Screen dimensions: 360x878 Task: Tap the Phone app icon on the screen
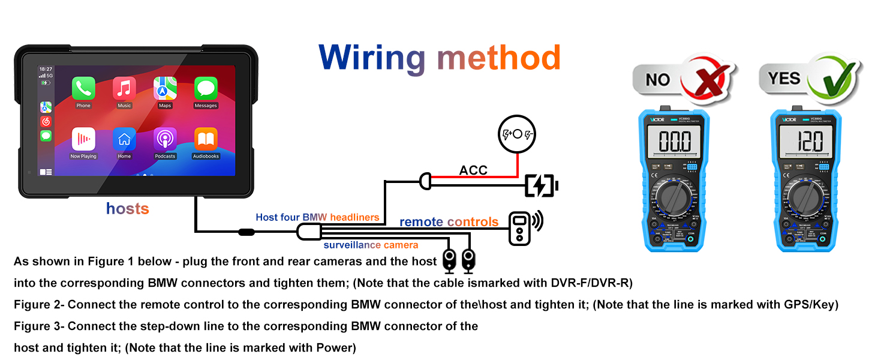pyautogui.click(x=83, y=89)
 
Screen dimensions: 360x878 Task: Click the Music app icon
pyautogui.click(x=124, y=89)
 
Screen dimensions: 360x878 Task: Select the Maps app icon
pyautogui.click(x=165, y=89)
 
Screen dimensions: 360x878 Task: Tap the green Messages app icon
pyautogui.click(x=206, y=89)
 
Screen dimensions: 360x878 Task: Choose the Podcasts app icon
pyautogui.click(x=165, y=139)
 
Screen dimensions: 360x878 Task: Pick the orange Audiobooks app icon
pyautogui.click(x=206, y=139)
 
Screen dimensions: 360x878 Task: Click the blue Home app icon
pyautogui.click(x=124, y=139)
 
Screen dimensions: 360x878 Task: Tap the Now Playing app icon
pyautogui.click(x=83, y=139)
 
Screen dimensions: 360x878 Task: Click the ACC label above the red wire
pyautogui.click(x=473, y=170)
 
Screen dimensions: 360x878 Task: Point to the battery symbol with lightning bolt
pyautogui.click(x=541, y=186)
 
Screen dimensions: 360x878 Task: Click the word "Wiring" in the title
pyautogui.click(x=372, y=58)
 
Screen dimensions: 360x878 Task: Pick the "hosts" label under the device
pyautogui.click(x=127, y=209)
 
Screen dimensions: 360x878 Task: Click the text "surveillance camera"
pyautogui.click(x=371, y=245)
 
